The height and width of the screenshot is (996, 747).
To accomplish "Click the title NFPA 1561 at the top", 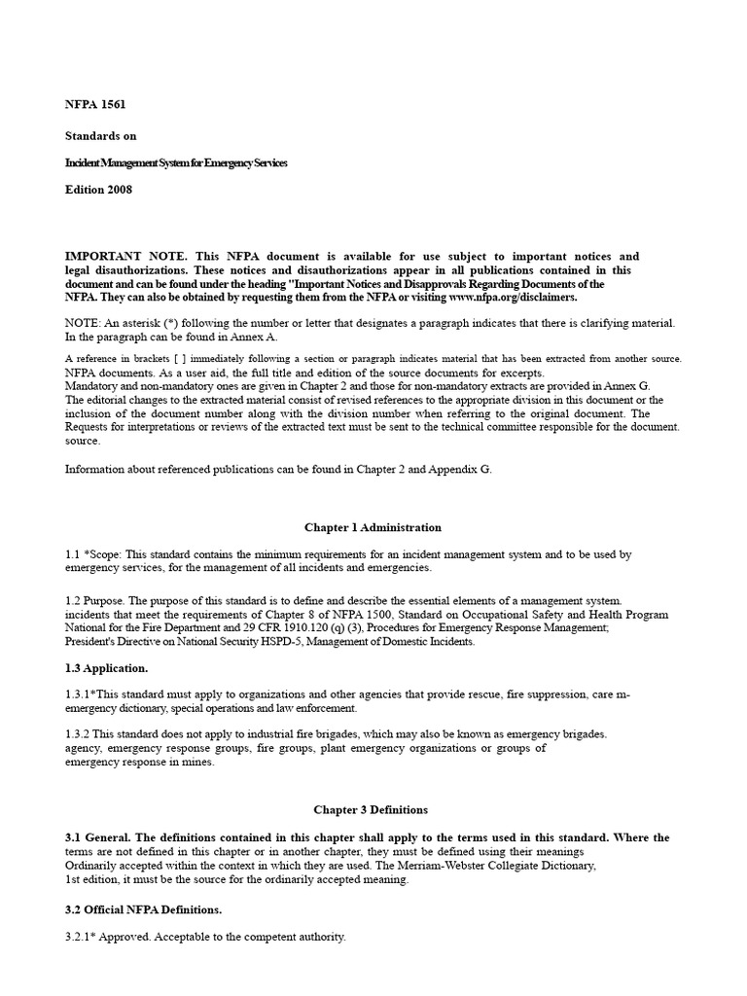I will tap(95, 104).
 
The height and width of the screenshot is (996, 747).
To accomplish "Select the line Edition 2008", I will tap(98, 190).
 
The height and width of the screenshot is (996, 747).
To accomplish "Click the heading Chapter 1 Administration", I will tap(373, 527).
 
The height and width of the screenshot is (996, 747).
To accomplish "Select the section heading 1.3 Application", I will tap(109, 670).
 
